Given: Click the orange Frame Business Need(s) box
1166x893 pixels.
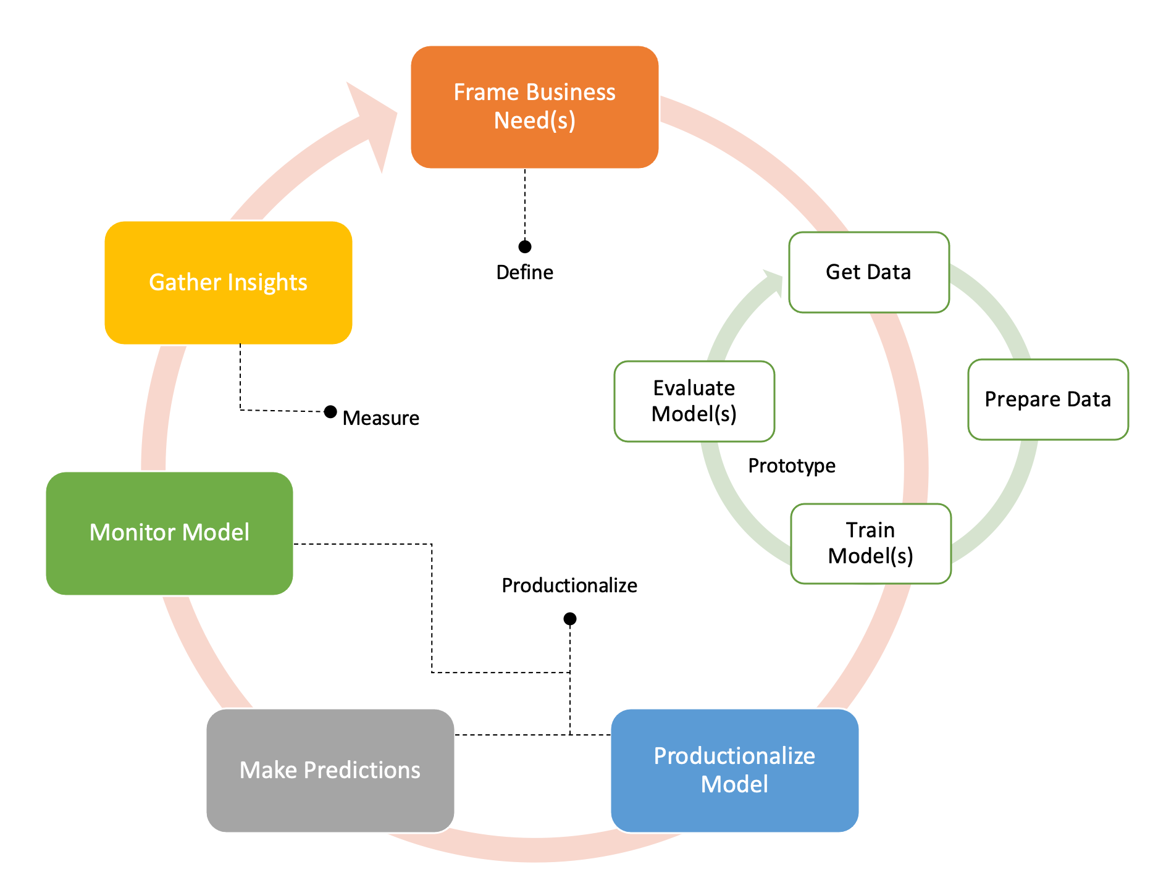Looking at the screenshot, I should click(x=534, y=107).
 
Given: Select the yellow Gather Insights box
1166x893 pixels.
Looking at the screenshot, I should click(x=228, y=282).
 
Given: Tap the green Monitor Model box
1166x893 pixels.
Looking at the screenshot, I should click(x=169, y=533).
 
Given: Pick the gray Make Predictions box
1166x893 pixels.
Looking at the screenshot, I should click(x=330, y=770).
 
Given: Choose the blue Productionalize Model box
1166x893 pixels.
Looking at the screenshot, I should click(x=734, y=770).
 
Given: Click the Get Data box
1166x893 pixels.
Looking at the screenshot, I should click(x=868, y=272).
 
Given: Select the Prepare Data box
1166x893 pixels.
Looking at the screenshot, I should click(x=1047, y=400).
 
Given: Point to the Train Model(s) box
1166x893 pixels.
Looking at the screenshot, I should click(x=870, y=543).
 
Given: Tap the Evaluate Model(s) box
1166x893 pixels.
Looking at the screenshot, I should click(x=694, y=401).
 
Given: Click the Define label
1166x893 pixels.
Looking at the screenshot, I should click(x=524, y=272).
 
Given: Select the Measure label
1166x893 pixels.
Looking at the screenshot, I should click(x=380, y=418).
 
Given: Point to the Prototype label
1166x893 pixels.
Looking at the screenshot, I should click(x=791, y=466).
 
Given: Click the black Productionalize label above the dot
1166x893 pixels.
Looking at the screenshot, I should click(x=569, y=585).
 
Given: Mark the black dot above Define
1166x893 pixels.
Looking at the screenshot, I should click(x=525, y=247).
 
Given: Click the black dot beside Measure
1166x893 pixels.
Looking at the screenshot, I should click(x=330, y=411).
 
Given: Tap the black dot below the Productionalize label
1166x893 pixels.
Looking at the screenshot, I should click(x=570, y=619).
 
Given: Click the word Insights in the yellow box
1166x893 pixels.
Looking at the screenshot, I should click(x=267, y=282).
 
